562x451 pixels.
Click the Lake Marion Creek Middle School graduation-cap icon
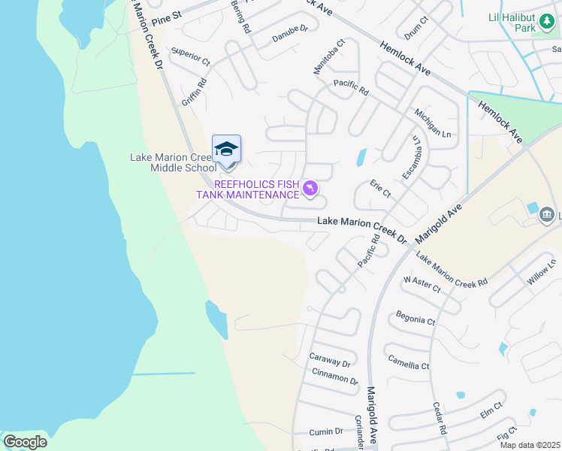click(x=226, y=149)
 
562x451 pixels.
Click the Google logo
click(x=25, y=442)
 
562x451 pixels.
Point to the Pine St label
click(x=167, y=15)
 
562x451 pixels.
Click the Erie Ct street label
click(x=381, y=189)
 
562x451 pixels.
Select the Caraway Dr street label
click(x=330, y=362)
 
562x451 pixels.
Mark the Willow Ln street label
click(x=541, y=271)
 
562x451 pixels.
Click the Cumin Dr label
click(x=327, y=431)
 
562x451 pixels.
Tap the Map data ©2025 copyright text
click(x=530, y=445)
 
